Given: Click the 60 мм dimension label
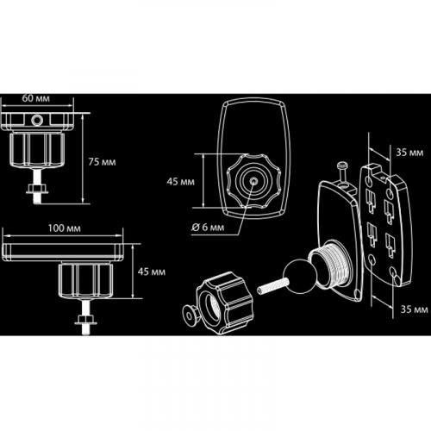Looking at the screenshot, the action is pos(36,98).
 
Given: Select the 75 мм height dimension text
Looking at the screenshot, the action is pos(102,162).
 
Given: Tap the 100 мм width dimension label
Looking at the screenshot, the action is pos(65,228).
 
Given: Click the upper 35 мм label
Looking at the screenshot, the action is pos(409,153).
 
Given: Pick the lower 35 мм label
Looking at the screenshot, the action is pos(415,309).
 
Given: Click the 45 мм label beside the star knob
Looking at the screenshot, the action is pos(181,182).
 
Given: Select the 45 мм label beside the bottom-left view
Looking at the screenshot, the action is pos(152,272).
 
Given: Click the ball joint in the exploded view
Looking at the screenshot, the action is pos(297,276).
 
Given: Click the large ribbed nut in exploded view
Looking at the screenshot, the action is pos(225,303).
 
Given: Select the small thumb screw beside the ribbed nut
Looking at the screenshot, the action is pos(191,315).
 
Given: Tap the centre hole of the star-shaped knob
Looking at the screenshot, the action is pos(253,181).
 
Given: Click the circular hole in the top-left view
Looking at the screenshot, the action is pos(37,120).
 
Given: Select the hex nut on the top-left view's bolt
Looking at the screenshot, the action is pos(38,189).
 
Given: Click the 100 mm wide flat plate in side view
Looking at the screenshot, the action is pos(63,252).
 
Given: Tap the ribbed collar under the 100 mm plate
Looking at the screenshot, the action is pos(85,281).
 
